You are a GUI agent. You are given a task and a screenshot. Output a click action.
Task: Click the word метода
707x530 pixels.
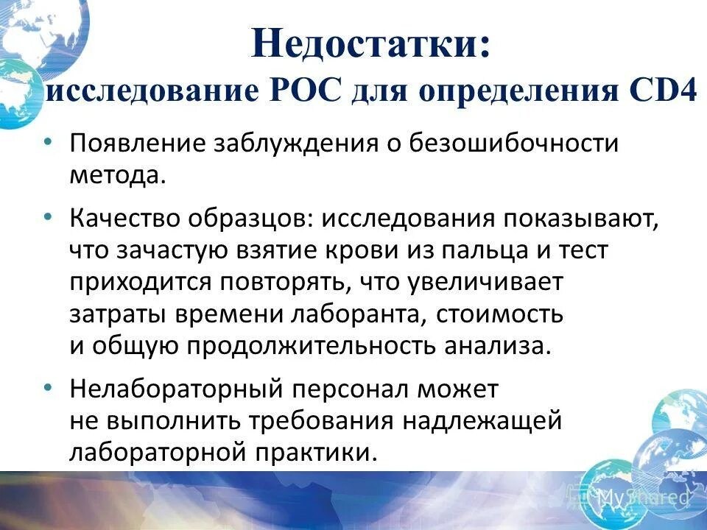tap(114, 175)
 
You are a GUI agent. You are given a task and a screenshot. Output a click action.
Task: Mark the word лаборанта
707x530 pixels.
tap(356, 314)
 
